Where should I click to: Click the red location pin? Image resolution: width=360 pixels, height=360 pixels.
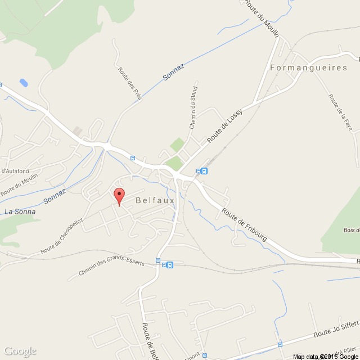(x=119, y=197)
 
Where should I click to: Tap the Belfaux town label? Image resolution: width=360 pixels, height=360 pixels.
(x=155, y=200)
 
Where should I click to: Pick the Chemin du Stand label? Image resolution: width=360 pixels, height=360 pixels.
(x=193, y=107)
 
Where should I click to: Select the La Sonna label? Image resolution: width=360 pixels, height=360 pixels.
(x=20, y=211)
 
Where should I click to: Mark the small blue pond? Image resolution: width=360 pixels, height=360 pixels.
(x=24, y=83)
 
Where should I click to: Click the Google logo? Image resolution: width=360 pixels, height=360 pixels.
(x=19, y=351)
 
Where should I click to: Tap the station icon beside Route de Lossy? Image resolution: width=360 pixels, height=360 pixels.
(x=204, y=171)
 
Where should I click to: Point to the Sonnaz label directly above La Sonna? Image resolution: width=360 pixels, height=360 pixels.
(x=55, y=196)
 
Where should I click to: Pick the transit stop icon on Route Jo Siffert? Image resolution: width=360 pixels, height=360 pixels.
(x=280, y=345)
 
